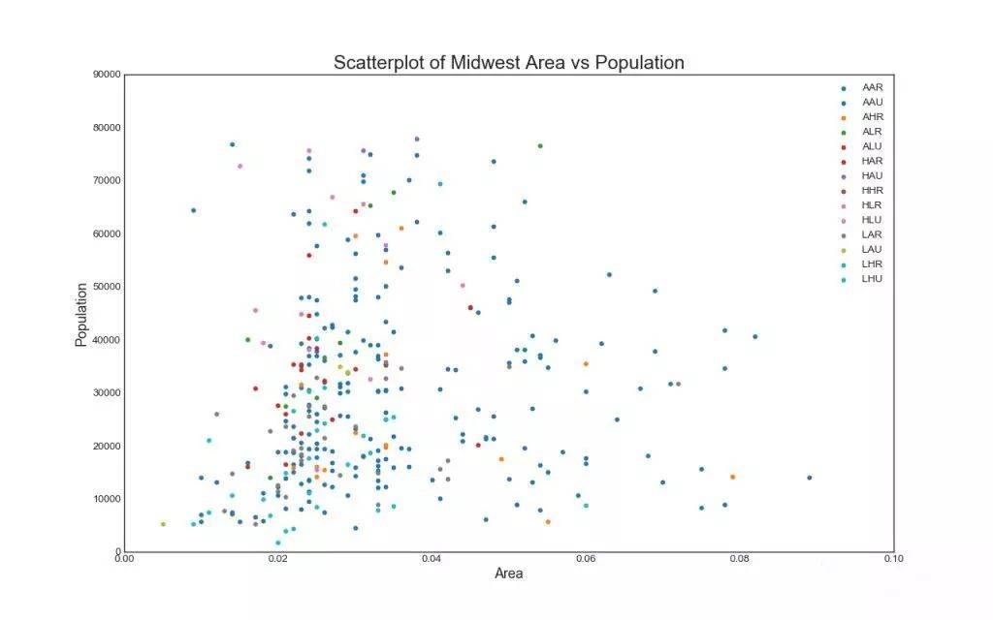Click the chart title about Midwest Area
coord(508,63)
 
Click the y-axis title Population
coord(82,314)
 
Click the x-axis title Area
coord(508,573)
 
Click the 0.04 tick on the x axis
coord(432,559)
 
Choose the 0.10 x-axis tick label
coord(893,559)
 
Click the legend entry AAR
coord(872,87)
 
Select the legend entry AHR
coord(872,116)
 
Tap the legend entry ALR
coord(872,131)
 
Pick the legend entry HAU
coord(872,175)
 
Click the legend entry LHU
coord(872,279)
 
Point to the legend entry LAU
coord(872,249)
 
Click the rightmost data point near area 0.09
coord(810,478)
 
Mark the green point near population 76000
coord(540,146)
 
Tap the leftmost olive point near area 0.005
coord(163,524)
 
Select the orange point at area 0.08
coord(733,477)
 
